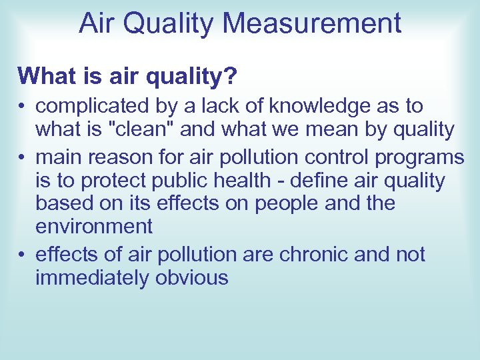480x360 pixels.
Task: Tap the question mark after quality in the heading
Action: pyautogui.click(x=229, y=76)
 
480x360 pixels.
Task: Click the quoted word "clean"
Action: pyautogui.click(x=141, y=129)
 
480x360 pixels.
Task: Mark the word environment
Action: pyautogui.click(x=94, y=227)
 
